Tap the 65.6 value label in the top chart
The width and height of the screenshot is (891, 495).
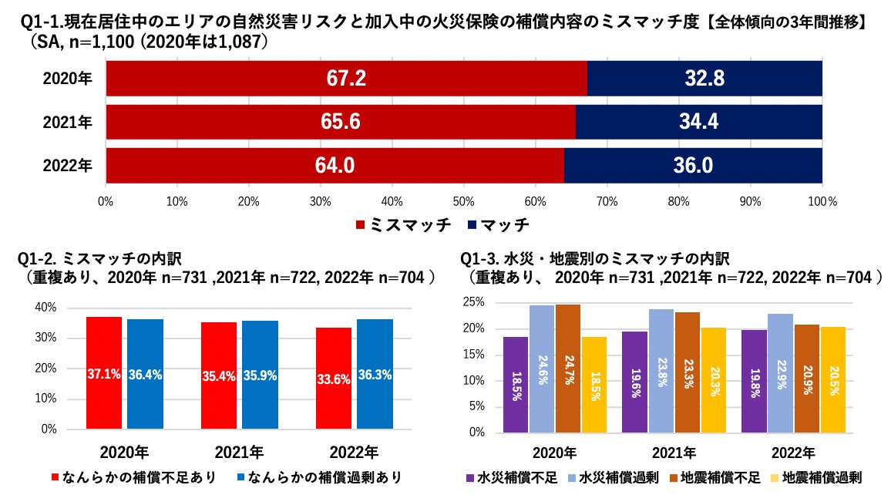point(340,122)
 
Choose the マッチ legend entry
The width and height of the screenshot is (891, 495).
point(498,225)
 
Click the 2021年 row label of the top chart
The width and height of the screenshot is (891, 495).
point(67,122)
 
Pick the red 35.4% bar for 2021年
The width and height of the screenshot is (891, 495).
point(219,375)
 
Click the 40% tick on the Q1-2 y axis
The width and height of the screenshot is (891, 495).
point(46,308)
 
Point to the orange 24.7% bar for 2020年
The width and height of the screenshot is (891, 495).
point(567,369)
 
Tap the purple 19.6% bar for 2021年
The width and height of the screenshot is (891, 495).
point(634,382)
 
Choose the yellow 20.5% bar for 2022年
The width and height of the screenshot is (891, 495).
point(833,379)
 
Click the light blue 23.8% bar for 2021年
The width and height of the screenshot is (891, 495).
point(661,371)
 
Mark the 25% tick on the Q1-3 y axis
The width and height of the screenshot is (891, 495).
point(475,302)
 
